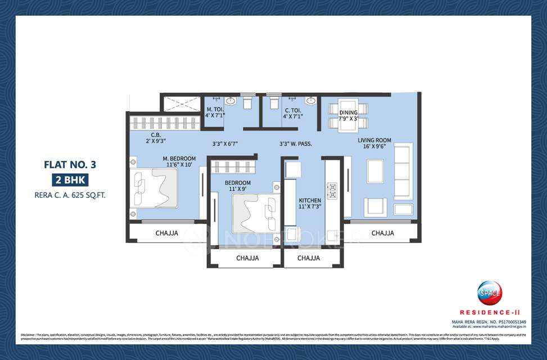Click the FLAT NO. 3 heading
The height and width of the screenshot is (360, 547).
coord(67,165)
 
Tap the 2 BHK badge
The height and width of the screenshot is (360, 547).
coord(67,180)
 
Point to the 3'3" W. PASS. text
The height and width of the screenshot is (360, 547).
coord(295,143)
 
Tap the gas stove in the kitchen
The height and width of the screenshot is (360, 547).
coord(332,191)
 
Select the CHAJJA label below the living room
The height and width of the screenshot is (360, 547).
coord(382,233)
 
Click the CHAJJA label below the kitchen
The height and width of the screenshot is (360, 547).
coord(309,258)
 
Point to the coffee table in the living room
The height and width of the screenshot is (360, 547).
coord(375,171)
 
